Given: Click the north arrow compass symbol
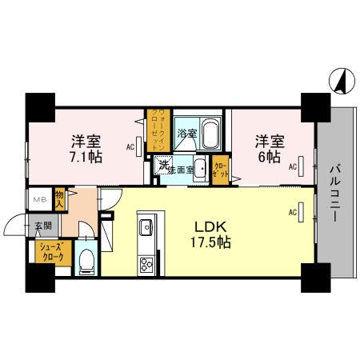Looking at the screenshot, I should [x=338, y=81].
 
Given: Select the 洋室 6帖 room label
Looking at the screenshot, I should [x=269, y=149].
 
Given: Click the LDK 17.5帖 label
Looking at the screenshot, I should [x=210, y=232].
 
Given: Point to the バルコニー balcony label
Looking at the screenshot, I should [x=335, y=192].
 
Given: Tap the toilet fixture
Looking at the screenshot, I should [x=87, y=261].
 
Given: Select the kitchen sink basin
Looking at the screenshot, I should [x=146, y=229].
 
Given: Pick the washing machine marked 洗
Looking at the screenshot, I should [x=163, y=167].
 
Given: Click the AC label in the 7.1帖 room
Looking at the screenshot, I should [x=130, y=147].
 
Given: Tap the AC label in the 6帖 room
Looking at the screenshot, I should [x=293, y=166].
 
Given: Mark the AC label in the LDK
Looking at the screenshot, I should [x=292, y=212].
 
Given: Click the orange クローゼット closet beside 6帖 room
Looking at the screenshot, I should [x=221, y=169].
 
